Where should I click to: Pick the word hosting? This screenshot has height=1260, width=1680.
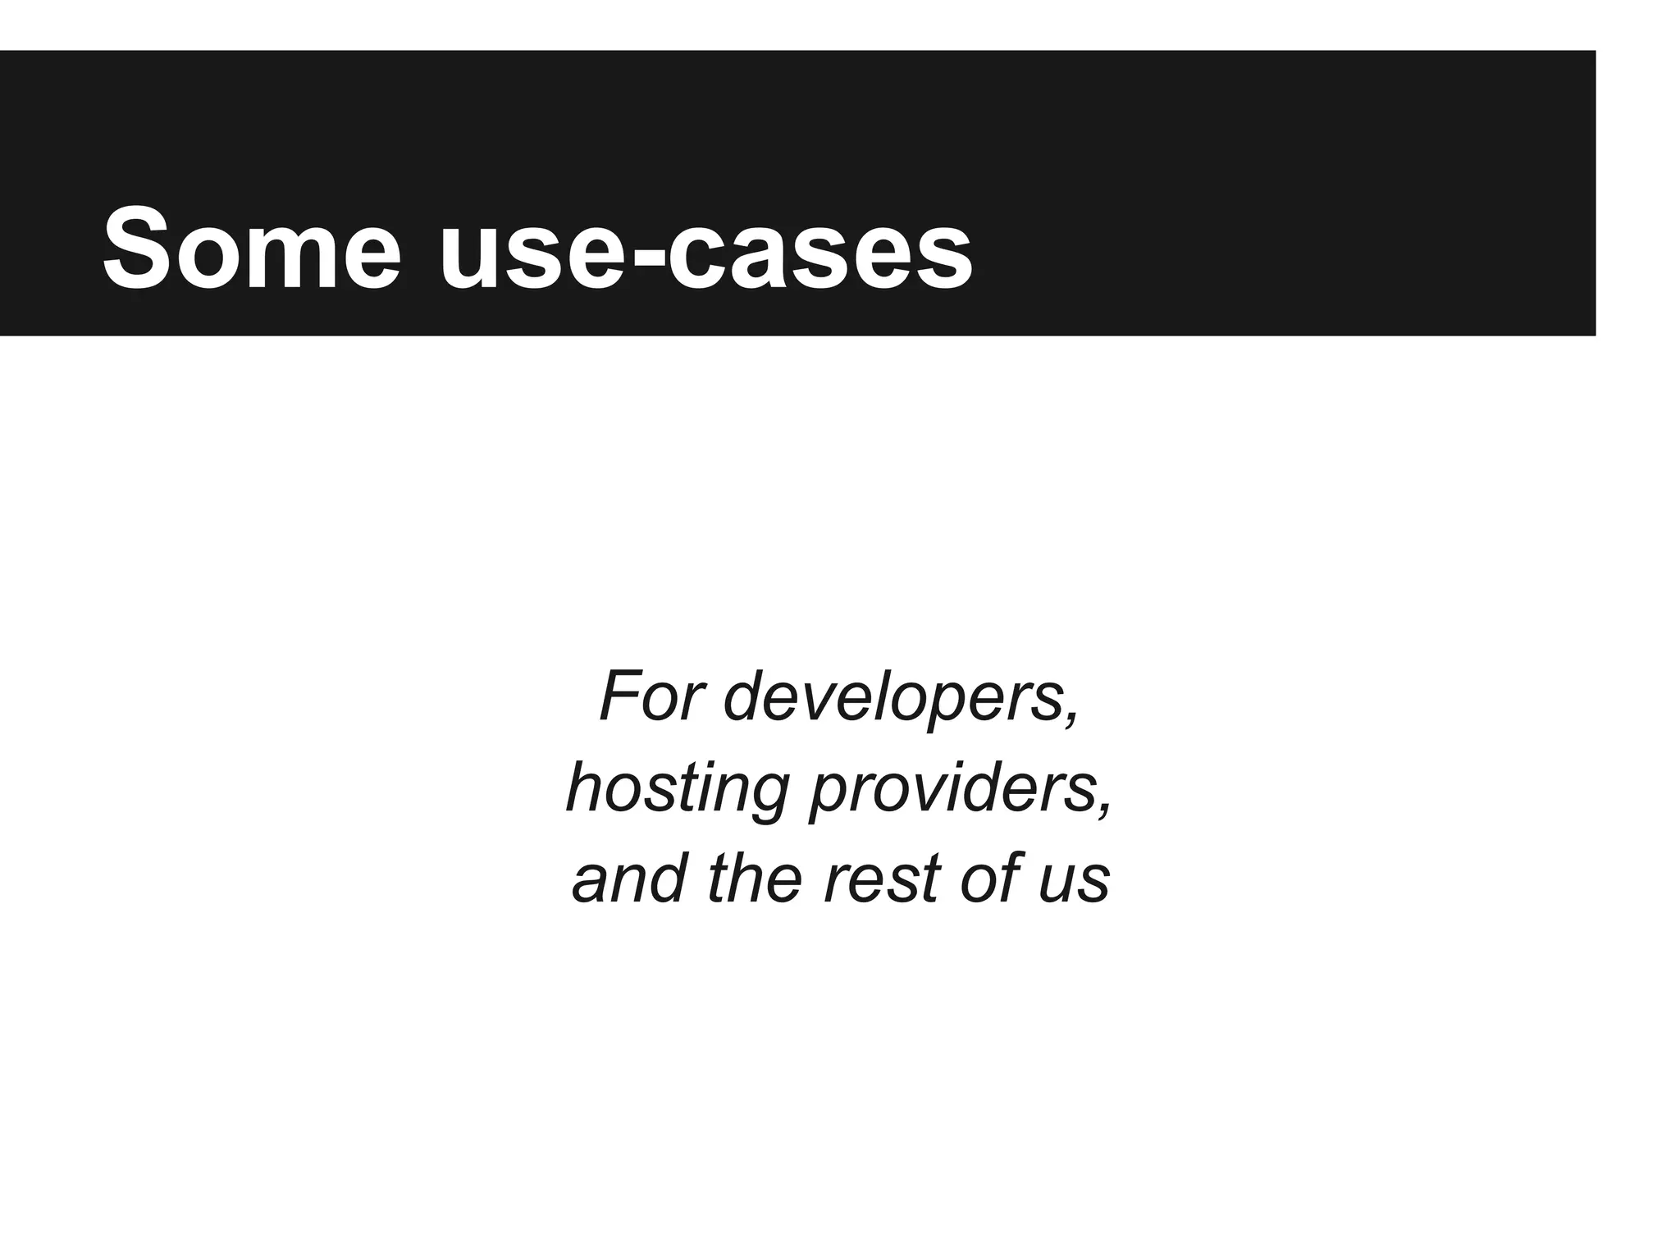[x=678, y=789]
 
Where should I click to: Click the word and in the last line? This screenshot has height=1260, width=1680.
[x=630, y=879]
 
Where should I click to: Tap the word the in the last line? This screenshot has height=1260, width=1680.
[x=754, y=879]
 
